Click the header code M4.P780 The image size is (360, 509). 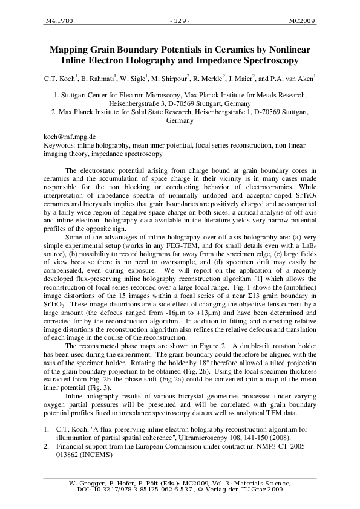59,20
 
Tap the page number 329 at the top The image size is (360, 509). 180,20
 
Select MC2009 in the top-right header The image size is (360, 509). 301,20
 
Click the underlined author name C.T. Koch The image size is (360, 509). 61,79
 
